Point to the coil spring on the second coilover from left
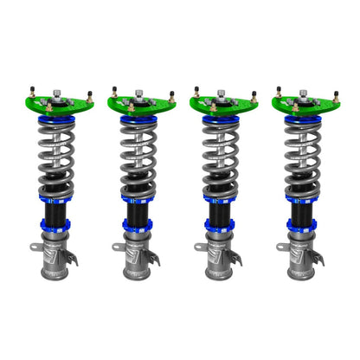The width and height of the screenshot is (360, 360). (140, 156)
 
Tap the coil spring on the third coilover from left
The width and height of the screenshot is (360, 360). (222, 156)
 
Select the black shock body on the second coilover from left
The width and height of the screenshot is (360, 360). (140, 210)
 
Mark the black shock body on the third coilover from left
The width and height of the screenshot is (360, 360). (222, 210)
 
